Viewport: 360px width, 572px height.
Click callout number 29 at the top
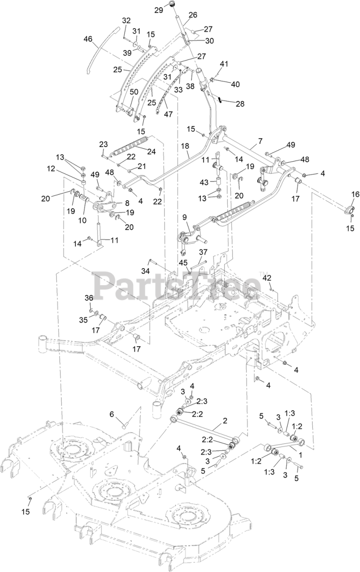click(x=158, y=10)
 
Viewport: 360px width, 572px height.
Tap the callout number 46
click(x=88, y=39)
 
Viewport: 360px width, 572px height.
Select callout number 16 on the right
click(x=355, y=194)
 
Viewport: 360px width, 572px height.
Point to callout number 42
click(x=267, y=278)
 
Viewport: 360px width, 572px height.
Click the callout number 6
click(x=112, y=414)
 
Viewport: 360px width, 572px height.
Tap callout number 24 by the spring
click(x=151, y=151)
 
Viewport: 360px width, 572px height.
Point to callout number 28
click(x=240, y=103)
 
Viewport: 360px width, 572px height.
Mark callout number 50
click(x=121, y=92)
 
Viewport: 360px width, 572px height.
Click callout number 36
click(x=89, y=298)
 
